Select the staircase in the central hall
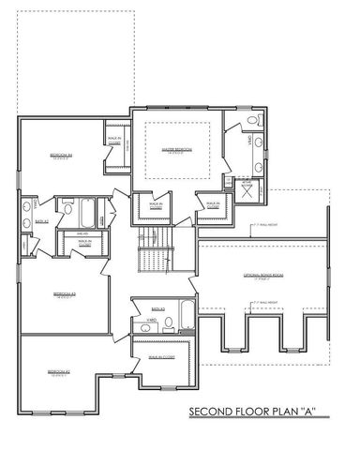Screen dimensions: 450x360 [x=151, y=251]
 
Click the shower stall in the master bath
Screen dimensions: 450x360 [x=247, y=187]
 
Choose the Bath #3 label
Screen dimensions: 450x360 [x=159, y=307]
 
